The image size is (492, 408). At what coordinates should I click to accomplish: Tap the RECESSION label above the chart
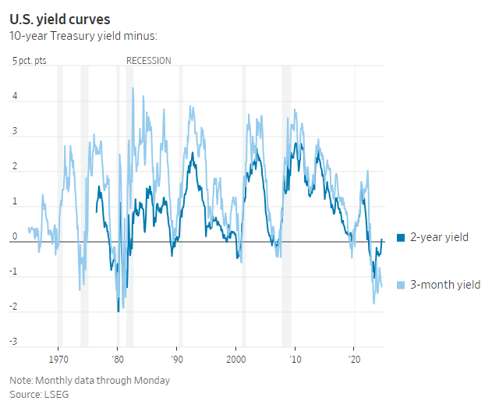[x=148, y=60]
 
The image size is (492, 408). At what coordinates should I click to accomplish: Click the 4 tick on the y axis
[x=14, y=98]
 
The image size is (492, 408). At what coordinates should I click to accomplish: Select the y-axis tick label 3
[x=14, y=133]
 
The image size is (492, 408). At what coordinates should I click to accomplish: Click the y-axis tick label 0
[x=14, y=236]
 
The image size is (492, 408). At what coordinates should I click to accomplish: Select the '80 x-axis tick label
[x=117, y=361]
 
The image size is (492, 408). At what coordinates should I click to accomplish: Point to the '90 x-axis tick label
[x=177, y=361]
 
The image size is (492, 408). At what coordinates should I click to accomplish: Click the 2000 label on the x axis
[x=235, y=361]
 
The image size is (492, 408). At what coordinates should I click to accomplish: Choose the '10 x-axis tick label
[x=295, y=361]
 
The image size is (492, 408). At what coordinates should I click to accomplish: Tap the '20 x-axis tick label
[x=354, y=361]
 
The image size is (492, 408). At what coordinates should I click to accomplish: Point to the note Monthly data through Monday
[x=90, y=381]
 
